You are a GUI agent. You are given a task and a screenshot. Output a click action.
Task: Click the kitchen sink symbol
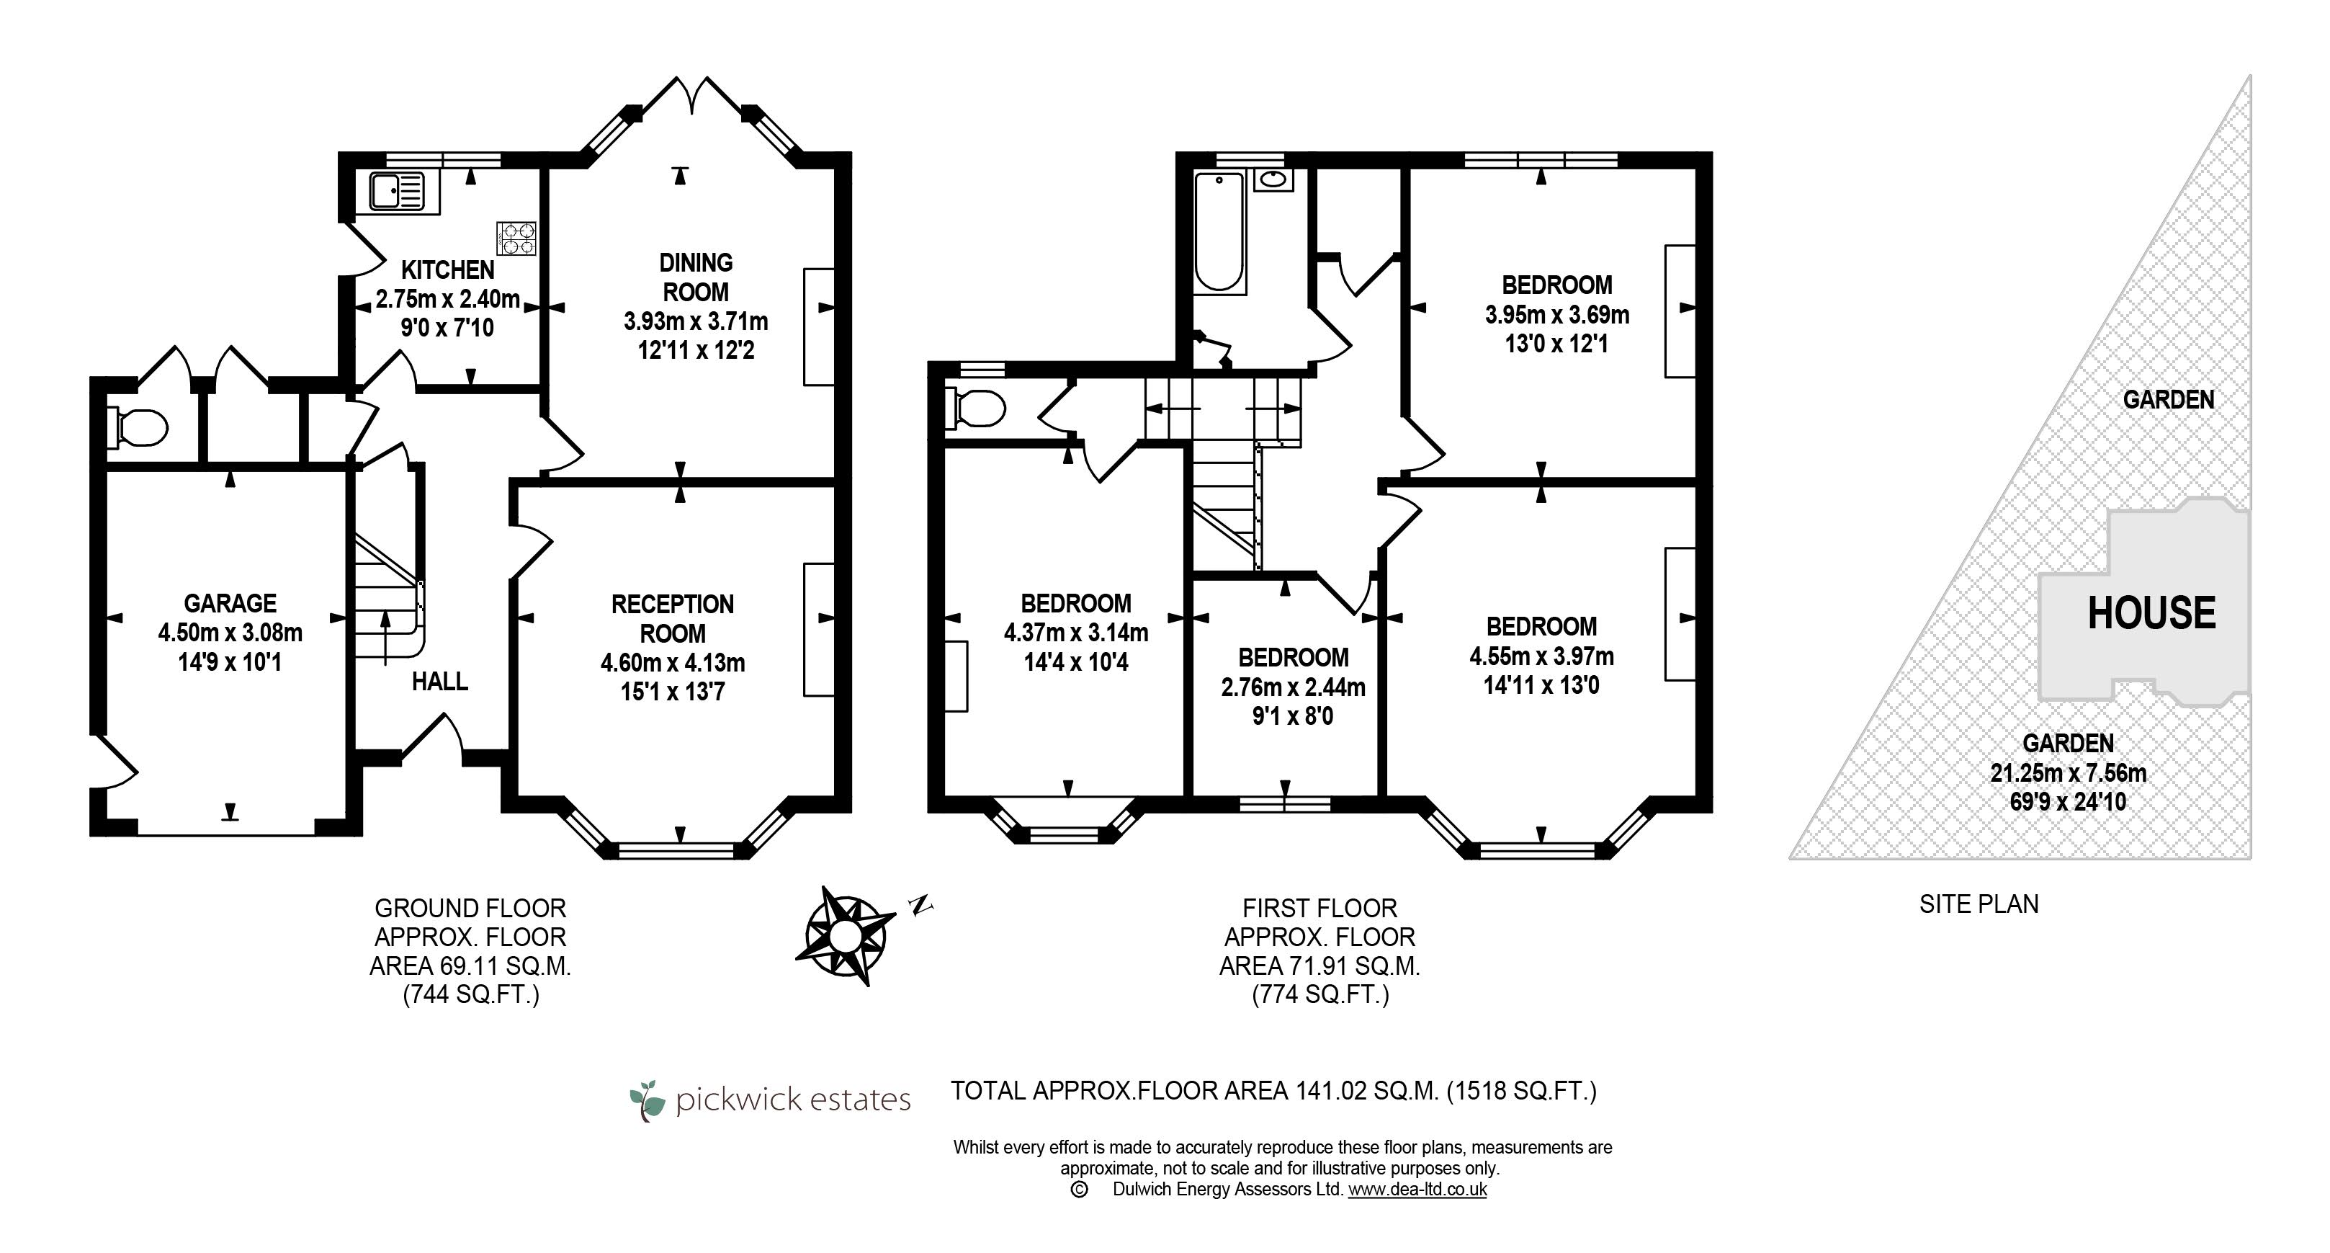(397, 192)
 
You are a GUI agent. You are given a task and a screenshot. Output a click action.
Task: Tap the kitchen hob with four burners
(516, 238)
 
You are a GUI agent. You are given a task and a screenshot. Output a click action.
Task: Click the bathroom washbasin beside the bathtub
(1273, 179)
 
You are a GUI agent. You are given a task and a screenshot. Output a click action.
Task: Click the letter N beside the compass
(920, 904)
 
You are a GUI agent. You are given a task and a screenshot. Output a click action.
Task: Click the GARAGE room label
(230, 603)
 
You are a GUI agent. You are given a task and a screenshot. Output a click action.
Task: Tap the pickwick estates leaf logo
(648, 1100)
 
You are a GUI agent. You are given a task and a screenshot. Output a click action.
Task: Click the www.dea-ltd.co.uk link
(1417, 1190)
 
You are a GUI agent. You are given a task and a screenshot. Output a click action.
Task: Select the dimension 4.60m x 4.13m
(673, 663)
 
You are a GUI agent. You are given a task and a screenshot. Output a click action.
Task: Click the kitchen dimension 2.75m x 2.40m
(448, 298)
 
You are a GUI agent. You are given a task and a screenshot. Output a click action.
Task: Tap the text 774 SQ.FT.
(1321, 995)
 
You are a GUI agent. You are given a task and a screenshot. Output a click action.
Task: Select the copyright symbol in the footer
(1078, 1190)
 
